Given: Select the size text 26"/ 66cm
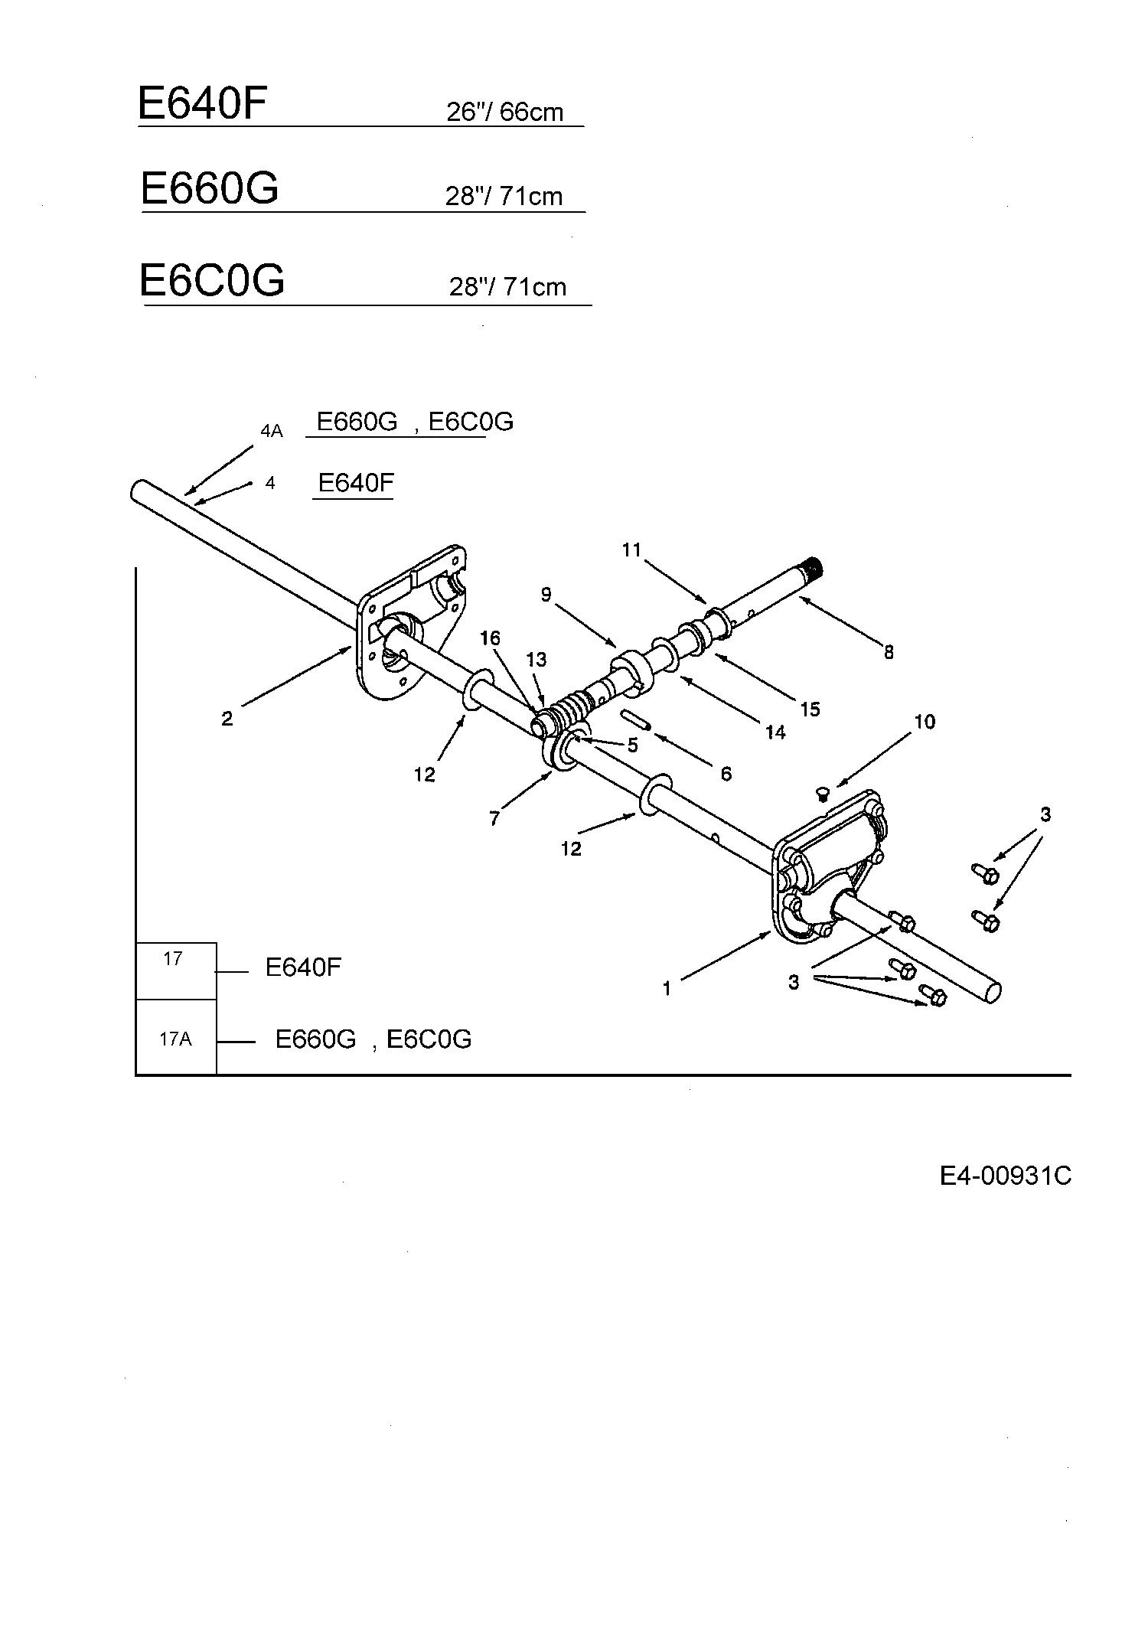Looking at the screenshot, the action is point(504,112).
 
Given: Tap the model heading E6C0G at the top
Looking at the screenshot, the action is point(212,279).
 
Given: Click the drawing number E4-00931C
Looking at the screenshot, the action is point(1006,1176).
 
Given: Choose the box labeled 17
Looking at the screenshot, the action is point(176,970).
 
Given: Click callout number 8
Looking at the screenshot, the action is point(889,652).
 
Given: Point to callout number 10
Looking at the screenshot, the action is point(925,722).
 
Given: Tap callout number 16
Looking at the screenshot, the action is point(490,638).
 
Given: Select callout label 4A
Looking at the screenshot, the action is point(272,431).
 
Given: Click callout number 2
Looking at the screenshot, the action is point(227,719).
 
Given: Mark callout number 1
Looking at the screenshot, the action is point(667,989).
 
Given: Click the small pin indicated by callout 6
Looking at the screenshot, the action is point(636,720).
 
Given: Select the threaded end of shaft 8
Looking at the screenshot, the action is point(816,568).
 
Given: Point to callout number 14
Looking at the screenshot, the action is point(775,732).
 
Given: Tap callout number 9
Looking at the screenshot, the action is point(546,594).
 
